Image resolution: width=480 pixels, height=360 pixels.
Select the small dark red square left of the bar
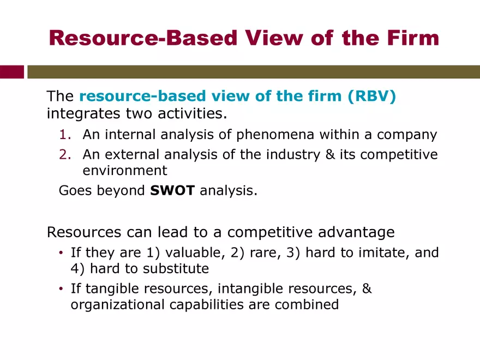tap(12, 71)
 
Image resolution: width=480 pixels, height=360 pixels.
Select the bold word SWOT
tap(172, 191)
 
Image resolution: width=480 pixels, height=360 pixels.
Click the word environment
tap(124, 171)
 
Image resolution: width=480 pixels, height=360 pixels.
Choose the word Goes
tap(75, 191)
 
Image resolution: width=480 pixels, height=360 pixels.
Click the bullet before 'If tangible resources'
tap(62, 289)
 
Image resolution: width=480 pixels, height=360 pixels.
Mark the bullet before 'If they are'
tap(62, 253)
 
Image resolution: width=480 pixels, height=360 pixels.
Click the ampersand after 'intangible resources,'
tap(367, 289)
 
